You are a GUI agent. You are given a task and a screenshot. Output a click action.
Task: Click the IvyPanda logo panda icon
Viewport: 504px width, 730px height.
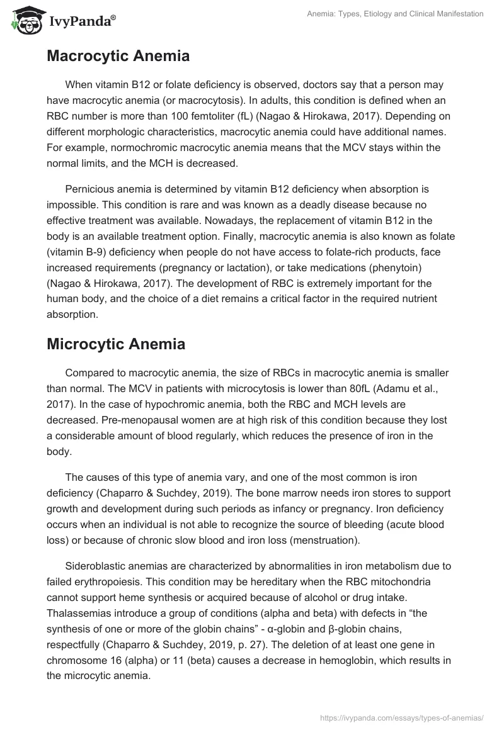tap(25, 21)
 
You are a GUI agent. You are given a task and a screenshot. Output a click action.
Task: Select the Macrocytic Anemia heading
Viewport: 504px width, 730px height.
tap(118, 56)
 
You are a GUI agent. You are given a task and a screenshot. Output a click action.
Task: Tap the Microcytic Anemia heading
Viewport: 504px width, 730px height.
tap(116, 344)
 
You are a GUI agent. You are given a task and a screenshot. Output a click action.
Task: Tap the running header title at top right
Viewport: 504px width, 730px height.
tap(394, 14)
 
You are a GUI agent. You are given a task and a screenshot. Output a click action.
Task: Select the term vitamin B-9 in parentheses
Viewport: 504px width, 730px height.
tap(85, 254)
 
